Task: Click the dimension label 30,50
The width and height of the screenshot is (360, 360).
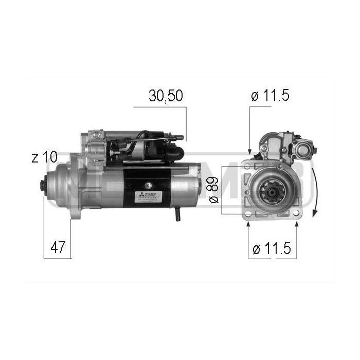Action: tap(166, 96)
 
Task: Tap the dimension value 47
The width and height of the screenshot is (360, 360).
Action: tap(59, 247)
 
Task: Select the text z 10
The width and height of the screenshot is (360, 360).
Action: tap(44, 158)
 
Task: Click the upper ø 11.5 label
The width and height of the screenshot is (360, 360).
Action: tap(271, 96)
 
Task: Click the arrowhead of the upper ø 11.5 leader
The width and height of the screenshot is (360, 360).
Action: tap(250, 151)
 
